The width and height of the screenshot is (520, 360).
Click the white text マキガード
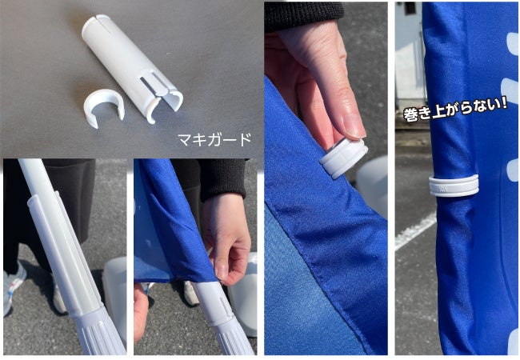click(x=214, y=139)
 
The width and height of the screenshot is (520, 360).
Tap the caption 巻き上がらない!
click(x=455, y=110)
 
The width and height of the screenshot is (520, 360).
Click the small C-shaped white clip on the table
click(x=104, y=110)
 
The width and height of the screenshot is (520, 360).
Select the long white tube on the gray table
click(x=131, y=67)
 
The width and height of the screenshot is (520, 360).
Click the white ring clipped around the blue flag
click(x=454, y=186)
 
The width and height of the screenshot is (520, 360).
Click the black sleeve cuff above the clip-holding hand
click(x=303, y=16)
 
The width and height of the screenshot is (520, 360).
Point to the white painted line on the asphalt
click(x=415, y=230)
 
